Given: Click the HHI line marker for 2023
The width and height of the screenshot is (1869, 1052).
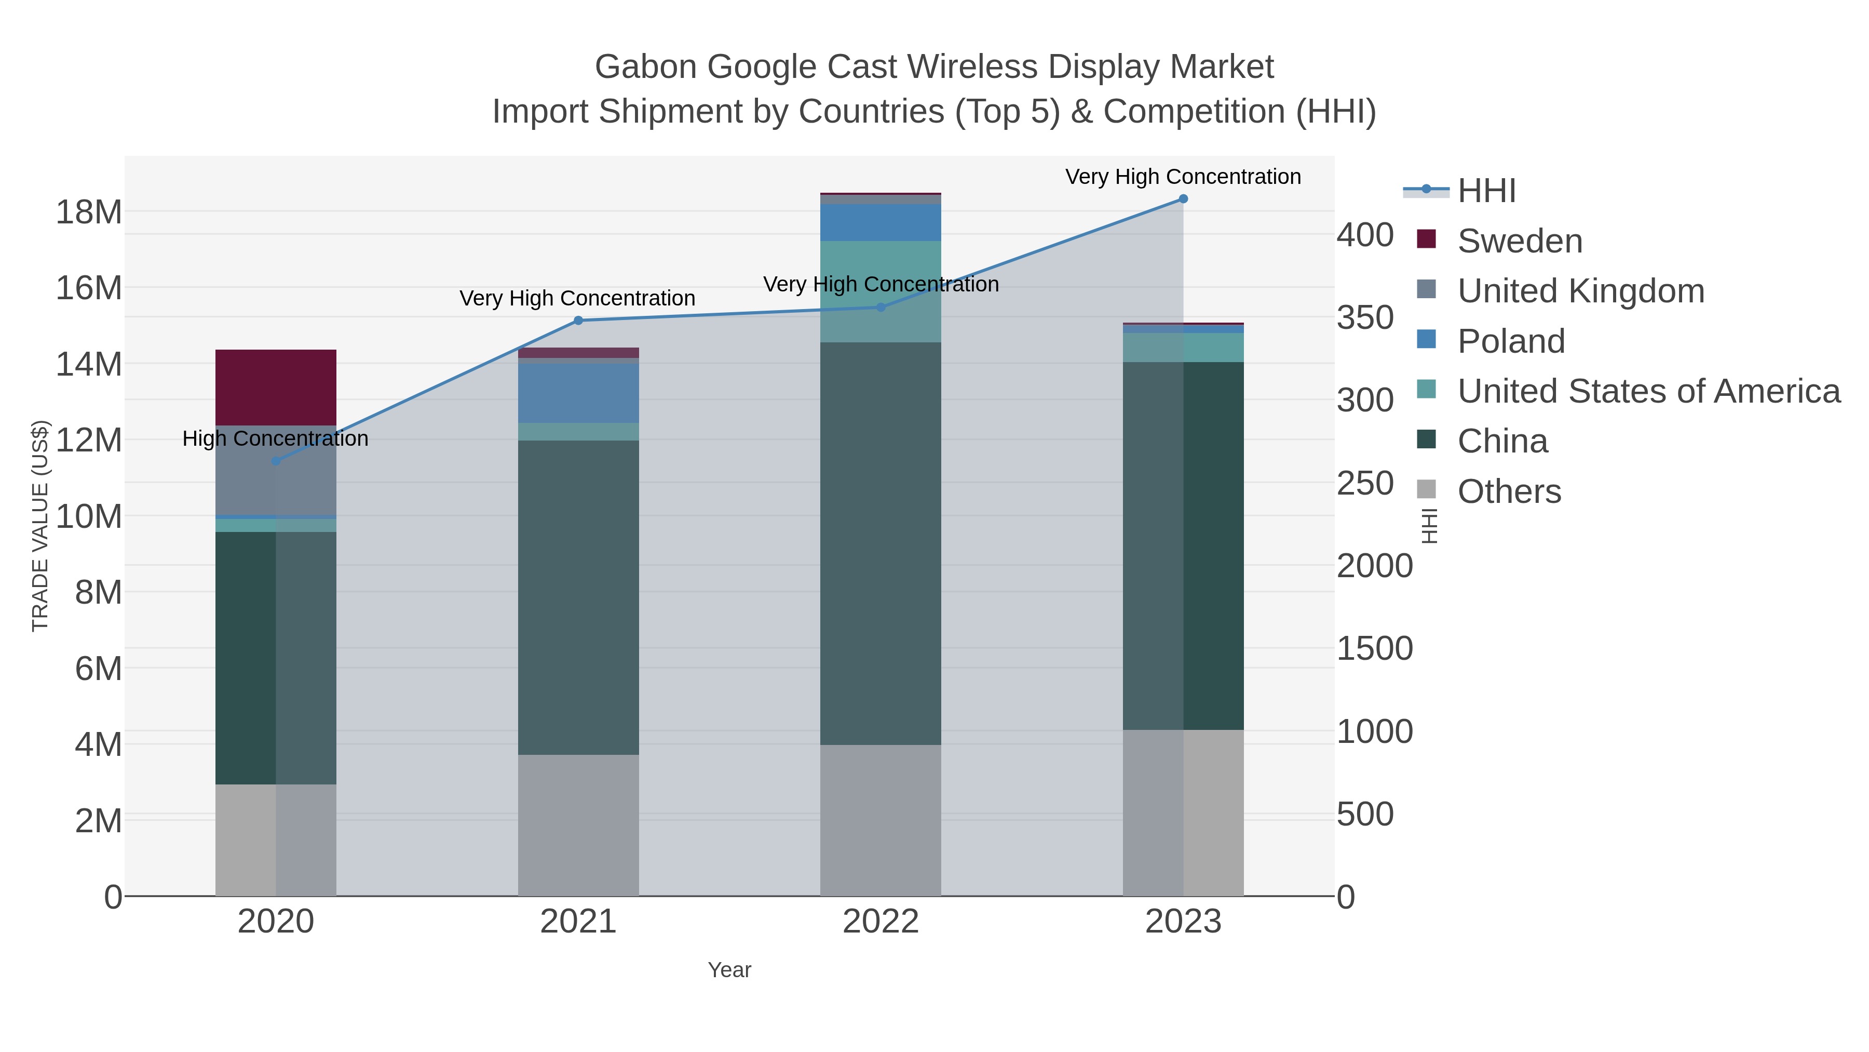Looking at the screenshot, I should (x=1183, y=199).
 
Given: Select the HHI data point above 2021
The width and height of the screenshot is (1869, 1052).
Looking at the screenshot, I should (x=578, y=320).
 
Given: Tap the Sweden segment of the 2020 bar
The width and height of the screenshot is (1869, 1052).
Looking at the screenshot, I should (x=276, y=387).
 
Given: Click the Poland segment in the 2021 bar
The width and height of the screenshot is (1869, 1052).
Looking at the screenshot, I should (x=578, y=393).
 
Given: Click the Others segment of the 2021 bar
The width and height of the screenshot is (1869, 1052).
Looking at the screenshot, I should (x=578, y=825).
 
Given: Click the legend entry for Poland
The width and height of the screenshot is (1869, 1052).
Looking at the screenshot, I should (x=1511, y=341).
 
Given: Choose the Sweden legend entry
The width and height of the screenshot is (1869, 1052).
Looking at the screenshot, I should (x=1519, y=241).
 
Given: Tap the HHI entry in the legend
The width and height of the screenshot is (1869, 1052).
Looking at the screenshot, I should (x=1486, y=191).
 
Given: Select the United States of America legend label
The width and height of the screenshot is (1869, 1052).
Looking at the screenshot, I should (x=1648, y=391).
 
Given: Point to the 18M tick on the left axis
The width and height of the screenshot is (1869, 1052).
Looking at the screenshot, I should (x=88, y=212).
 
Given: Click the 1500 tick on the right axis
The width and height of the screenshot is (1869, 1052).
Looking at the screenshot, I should (x=1374, y=648).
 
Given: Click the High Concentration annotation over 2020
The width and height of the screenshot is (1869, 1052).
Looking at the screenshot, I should (x=275, y=438).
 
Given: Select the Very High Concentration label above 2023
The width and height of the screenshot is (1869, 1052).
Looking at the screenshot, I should (x=1183, y=177).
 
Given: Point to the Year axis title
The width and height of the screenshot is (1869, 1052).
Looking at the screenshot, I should (x=729, y=970).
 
